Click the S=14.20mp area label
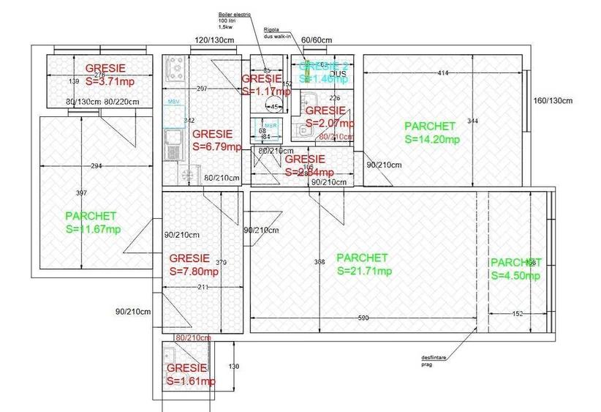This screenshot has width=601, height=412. click(x=432, y=140)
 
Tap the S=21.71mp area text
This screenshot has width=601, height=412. click(x=363, y=271)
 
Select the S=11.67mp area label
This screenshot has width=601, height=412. click(x=93, y=229)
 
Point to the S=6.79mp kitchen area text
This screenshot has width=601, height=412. click(x=217, y=146)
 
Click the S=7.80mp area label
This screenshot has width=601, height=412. click(x=194, y=271)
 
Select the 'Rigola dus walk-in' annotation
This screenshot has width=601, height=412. click(x=279, y=33)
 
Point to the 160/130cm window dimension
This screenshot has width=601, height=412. click(x=553, y=101)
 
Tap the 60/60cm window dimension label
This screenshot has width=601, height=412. click(x=317, y=40)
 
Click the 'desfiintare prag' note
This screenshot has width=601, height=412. click(x=432, y=361)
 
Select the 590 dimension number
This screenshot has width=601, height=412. click(x=363, y=318)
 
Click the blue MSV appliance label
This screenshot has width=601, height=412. click(x=173, y=101)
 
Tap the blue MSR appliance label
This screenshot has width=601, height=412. click(x=270, y=125)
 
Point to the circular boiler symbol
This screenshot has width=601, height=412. click(x=265, y=105)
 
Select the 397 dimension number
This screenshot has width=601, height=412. click(x=81, y=193)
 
